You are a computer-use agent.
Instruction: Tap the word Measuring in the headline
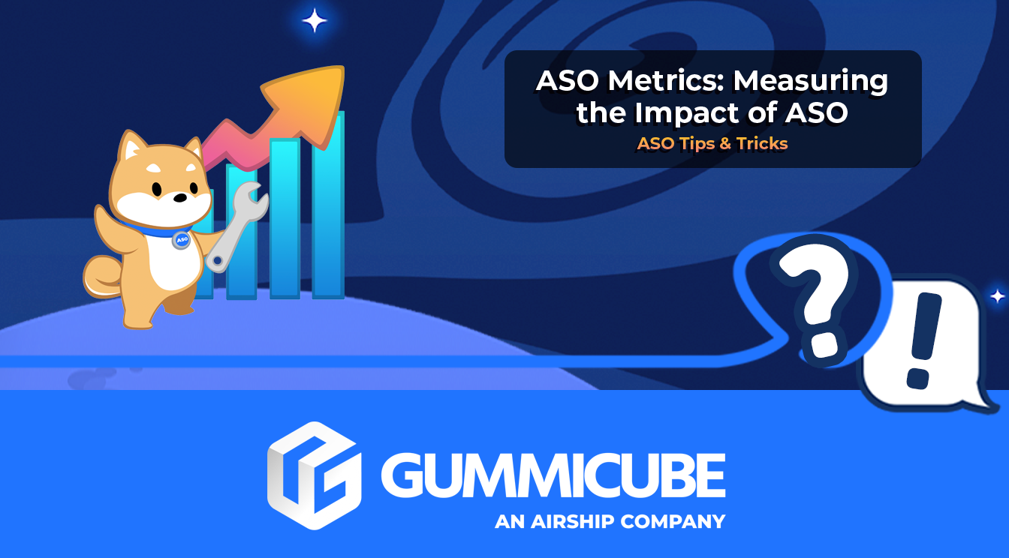coord(812,81)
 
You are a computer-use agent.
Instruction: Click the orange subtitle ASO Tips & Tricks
coord(712,143)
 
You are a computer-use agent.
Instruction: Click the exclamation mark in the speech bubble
coord(923,341)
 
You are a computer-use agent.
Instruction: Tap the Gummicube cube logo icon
coord(313,475)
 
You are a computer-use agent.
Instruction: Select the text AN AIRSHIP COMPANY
coord(610,521)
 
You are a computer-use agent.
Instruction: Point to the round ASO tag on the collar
coord(181,240)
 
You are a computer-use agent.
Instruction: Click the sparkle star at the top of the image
coord(314,20)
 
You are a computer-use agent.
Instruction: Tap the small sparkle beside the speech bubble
coord(997,297)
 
